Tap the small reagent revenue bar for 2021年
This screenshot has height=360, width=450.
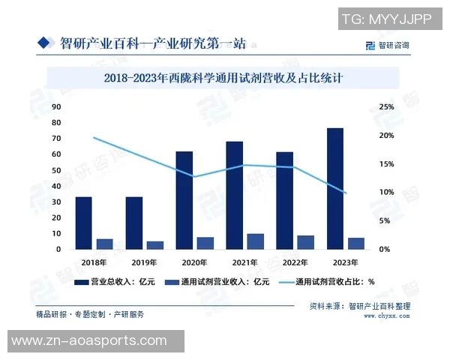255,241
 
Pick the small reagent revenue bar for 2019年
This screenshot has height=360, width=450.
154,244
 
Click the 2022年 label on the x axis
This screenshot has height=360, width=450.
295,262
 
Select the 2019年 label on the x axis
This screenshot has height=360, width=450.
144,262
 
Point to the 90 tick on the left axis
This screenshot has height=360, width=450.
56,107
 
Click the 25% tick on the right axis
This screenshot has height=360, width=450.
386,107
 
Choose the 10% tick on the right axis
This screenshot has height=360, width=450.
386,193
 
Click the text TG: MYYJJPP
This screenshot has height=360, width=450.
386,18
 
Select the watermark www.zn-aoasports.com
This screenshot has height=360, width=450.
94,341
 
